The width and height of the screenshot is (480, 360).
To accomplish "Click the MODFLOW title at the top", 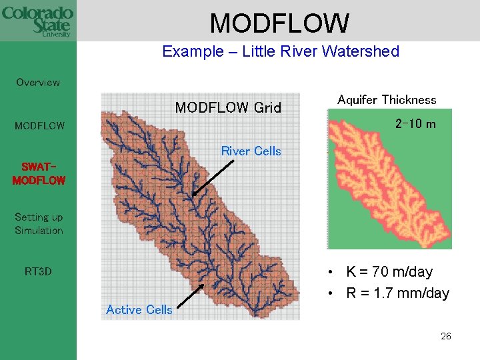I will [x=279, y=23].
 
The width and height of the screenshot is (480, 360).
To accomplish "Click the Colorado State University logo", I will [x=37, y=21].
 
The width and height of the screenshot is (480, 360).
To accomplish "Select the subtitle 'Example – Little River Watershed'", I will [x=280, y=51].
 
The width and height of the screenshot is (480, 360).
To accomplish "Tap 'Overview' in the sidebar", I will [x=38, y=83].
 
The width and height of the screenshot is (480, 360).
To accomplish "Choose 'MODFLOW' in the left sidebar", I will [x=40, y=125].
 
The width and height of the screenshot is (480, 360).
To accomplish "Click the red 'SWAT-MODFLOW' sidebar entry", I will [x=39, y=173].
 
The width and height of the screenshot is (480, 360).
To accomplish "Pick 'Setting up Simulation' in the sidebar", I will [x=39, y=223].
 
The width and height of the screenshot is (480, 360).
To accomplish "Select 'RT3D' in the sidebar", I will [x=38, y=272].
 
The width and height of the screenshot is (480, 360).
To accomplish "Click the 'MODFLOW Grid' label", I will [x=228, y=107].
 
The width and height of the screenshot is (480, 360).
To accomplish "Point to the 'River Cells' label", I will [x=251, y=151].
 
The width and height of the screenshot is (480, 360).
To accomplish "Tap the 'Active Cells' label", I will [x=139, y=309].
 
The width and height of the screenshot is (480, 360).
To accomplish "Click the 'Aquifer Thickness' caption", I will [x=387, y=100].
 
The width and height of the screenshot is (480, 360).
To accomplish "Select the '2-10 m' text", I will [x=415, y=124].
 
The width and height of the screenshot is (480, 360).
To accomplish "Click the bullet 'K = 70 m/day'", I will [x=389, y=272].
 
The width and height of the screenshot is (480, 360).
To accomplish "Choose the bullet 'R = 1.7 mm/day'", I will [x=397, y=293].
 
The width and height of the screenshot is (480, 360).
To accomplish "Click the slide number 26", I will [x=445, y=336].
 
